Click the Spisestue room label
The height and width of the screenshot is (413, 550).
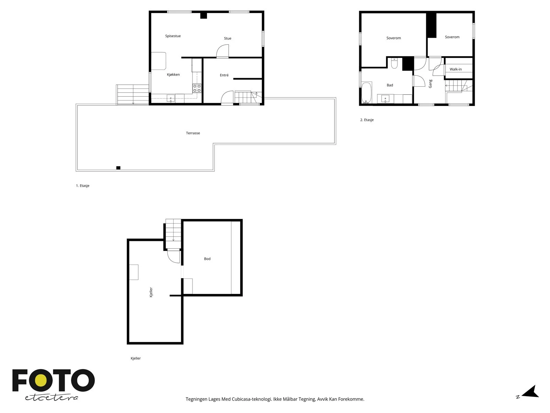173,36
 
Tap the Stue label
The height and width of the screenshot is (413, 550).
228,38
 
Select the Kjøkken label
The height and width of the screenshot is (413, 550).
173,74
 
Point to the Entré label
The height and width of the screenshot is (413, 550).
224,75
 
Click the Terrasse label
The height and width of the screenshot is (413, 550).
193,133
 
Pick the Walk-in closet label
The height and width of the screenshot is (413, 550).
455,69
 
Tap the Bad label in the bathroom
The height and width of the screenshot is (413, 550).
390,85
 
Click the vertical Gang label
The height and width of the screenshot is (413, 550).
430,84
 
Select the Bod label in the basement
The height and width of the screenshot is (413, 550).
207,259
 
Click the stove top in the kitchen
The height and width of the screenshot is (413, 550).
197,88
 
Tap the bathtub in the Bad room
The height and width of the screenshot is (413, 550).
366,93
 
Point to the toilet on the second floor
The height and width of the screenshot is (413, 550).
394,63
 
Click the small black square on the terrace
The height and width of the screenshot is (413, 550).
118,168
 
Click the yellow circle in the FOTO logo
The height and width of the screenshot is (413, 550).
40,380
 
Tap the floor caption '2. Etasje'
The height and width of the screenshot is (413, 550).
367,120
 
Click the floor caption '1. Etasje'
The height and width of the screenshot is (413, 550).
83,186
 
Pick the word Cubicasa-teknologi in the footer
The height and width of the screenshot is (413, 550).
252,399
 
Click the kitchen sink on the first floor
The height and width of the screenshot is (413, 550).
171,98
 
